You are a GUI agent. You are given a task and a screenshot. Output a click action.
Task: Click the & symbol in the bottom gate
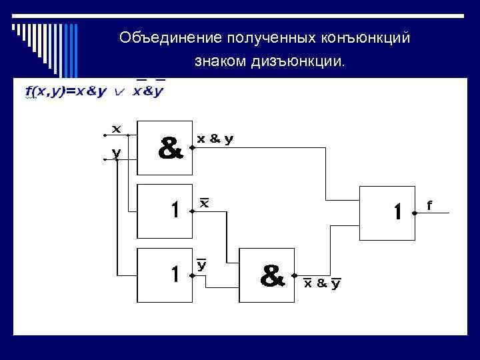(271, 276)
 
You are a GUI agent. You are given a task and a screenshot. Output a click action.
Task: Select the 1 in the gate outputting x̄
(174, 210)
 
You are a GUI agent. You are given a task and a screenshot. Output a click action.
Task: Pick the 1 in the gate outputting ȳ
(174, 274)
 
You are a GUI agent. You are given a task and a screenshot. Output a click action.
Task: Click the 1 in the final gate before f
(397, 213)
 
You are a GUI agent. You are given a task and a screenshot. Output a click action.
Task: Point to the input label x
(116, 128)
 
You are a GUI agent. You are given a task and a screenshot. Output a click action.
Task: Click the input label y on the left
(116, 152)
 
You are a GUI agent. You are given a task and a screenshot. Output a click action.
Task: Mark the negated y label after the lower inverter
(202, 265)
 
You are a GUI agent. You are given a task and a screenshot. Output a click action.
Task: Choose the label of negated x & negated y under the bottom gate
(322, 283)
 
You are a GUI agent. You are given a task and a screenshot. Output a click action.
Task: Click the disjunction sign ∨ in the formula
(119, 93)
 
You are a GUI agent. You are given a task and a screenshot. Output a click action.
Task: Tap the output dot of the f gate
(414, 213)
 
